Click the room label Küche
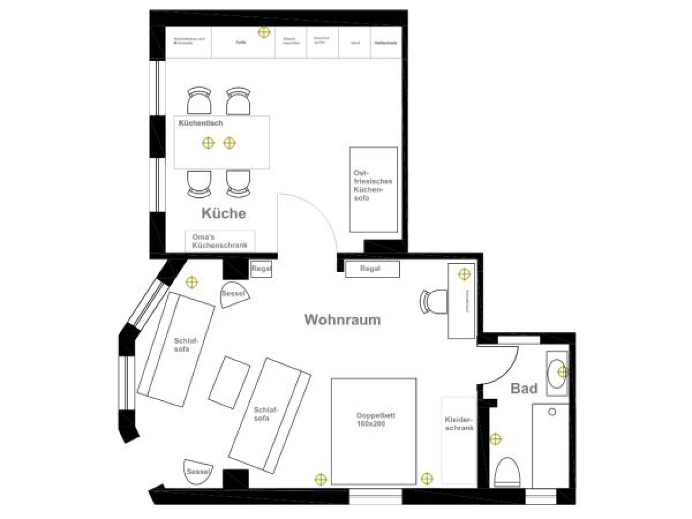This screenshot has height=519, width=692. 223,213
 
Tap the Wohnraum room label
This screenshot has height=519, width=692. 343,319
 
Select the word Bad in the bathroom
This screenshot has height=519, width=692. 524,389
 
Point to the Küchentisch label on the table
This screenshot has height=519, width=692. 201,123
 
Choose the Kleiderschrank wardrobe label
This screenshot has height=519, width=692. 459,424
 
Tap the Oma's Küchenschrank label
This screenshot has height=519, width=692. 220,242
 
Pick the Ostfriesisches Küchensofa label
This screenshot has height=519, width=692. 369,185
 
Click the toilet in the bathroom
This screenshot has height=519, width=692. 507,472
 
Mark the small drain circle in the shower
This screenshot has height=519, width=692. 552,412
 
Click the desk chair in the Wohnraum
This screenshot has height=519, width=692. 434,301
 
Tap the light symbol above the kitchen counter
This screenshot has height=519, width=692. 264,32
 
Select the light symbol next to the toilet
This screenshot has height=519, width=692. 495,439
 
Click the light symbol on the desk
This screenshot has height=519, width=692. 464,274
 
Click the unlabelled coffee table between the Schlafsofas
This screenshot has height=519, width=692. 229,382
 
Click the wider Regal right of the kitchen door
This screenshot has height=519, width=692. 372,269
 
